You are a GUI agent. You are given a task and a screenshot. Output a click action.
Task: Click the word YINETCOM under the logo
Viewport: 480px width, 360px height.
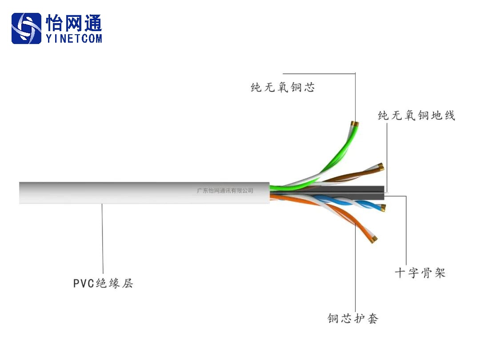click(74, 39)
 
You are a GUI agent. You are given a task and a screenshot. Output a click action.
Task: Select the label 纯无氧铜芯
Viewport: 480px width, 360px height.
click(283, 88)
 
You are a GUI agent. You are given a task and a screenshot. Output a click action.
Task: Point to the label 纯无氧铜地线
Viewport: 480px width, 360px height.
click(416, 116)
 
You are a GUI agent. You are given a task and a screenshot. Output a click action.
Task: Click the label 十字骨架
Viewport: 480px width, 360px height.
click(420, 272)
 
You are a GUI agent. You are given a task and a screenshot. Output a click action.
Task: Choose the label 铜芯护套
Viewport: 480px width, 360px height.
click(353, 318)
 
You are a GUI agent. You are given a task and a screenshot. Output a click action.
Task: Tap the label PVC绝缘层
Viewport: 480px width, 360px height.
click(103, 283)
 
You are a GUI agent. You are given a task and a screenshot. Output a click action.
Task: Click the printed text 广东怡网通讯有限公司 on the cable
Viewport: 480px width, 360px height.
click(225, 191)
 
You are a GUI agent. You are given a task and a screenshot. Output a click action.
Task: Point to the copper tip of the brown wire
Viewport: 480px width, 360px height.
click(380, 167)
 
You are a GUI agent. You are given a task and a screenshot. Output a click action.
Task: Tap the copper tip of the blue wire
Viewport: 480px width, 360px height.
click(383, 207)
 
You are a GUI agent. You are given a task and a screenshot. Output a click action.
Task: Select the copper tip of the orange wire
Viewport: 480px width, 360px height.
click(374, 240)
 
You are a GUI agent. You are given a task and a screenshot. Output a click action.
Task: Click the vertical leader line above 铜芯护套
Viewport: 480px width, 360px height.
click(356, 267)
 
